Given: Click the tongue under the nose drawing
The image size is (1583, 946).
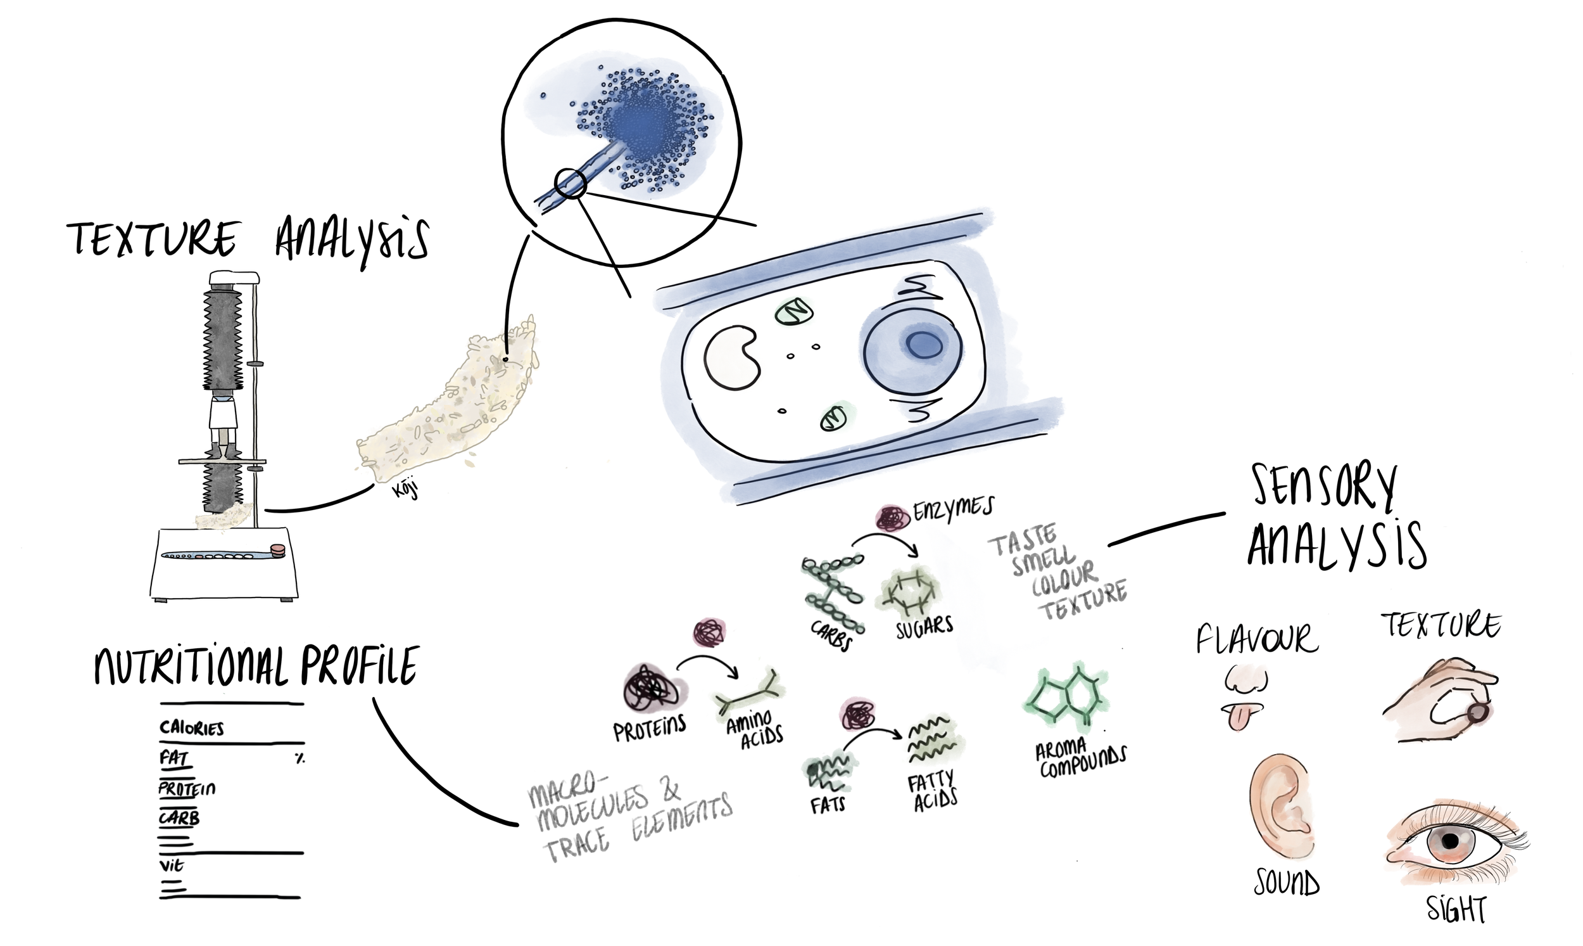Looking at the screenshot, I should (1238, 716).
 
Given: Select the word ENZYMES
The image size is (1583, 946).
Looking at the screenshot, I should (953, 509).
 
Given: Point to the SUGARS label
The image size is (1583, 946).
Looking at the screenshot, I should (924, 627).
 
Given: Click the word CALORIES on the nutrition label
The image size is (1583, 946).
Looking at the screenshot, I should (191, 728).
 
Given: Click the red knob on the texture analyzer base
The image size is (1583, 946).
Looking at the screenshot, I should (278, 549).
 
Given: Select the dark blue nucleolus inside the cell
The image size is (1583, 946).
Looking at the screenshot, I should (924, 345).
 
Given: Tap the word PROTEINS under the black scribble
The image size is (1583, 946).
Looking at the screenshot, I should (649, 729).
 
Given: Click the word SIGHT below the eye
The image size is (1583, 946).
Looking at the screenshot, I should (1456, 909).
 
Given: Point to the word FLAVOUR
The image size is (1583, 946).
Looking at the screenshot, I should (1256, 639).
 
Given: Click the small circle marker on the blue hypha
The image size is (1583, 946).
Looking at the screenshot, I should (569, 184).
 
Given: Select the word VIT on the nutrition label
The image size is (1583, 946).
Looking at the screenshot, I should (172, 866).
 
